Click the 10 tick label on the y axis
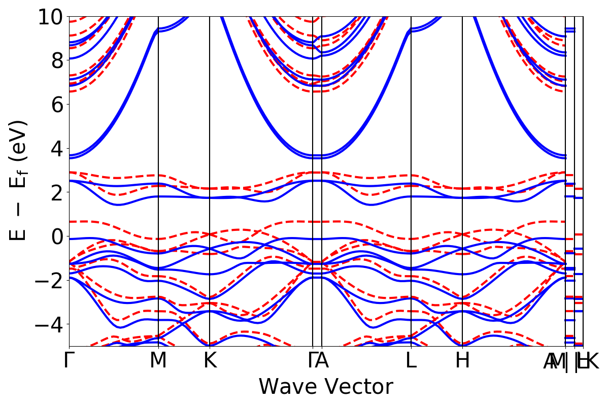[x=50, y=17]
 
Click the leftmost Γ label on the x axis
[x=69, y=361]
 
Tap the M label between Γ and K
[x=158, y=361]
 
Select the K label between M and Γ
[x=210, y=361]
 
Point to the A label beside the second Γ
[x=323, y=361]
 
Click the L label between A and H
[x=411, y=361]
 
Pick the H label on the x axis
[x=462, y=361]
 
